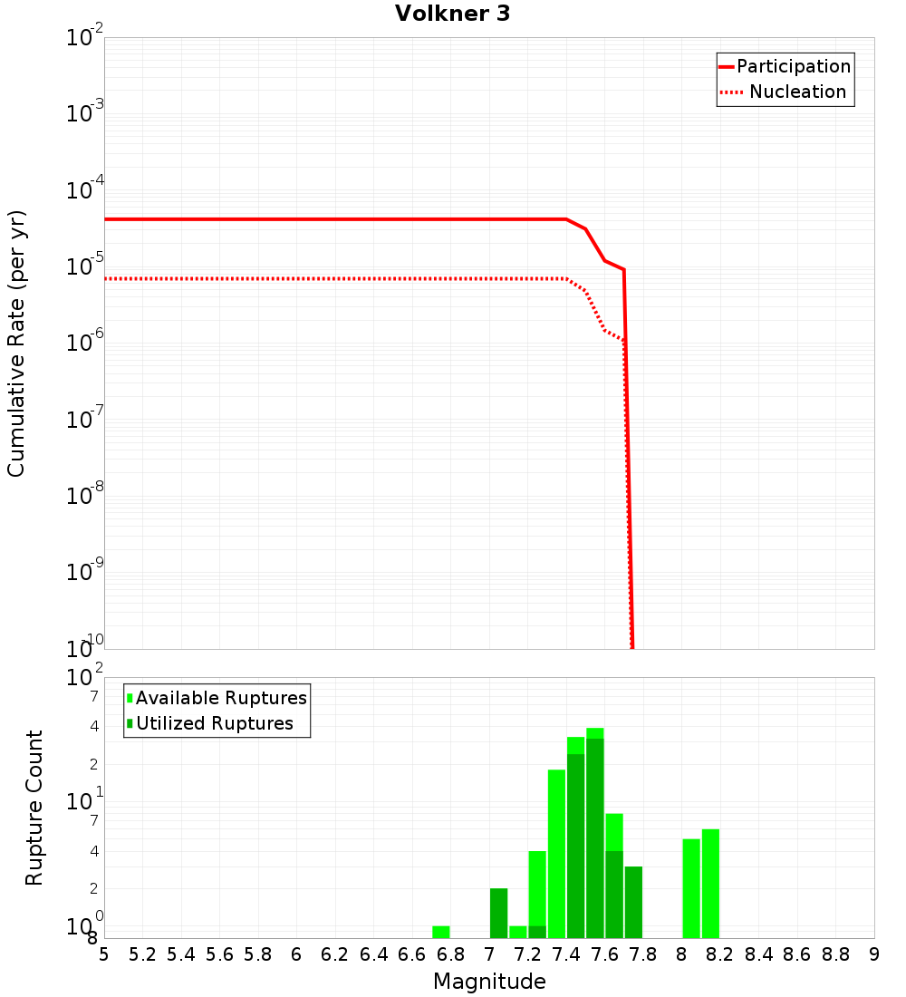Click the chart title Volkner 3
[452, 14]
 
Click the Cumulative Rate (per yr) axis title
[16, 344]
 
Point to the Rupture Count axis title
[34, 808]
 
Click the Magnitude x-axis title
[489, 982]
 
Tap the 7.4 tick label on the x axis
[566, 954]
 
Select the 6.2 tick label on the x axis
[335, 954]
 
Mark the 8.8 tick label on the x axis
[836, 954]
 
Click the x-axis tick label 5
[104, 954]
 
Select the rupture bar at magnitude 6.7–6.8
[441, 932]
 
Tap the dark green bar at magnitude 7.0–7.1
[499, 913]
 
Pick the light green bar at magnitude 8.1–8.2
[710, 884]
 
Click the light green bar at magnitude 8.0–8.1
[691, 888]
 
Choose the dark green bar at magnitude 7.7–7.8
[633, 902]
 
